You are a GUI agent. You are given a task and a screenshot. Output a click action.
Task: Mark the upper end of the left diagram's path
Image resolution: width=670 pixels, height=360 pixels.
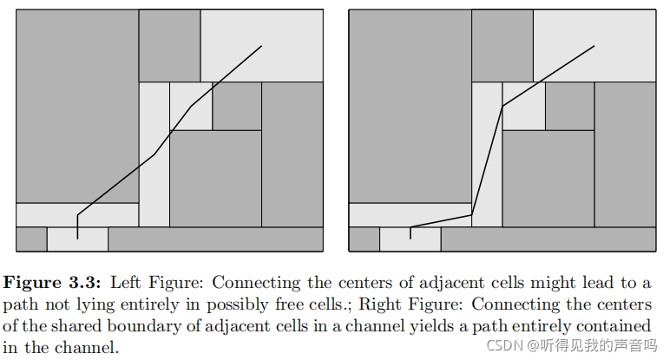261,46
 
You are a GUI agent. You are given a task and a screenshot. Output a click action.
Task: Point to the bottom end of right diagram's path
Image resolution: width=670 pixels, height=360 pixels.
411,239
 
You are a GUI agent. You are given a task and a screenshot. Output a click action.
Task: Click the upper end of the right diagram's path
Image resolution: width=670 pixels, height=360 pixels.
594,46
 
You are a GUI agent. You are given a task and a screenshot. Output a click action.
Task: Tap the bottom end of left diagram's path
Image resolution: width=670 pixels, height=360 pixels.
78,239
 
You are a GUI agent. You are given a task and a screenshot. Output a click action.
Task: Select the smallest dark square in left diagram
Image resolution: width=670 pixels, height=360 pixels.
237,106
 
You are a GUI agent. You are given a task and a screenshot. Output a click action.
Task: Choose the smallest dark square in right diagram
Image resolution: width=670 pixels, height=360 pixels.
569,106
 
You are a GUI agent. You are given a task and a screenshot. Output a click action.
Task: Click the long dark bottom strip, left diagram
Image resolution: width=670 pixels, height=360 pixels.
215,239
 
